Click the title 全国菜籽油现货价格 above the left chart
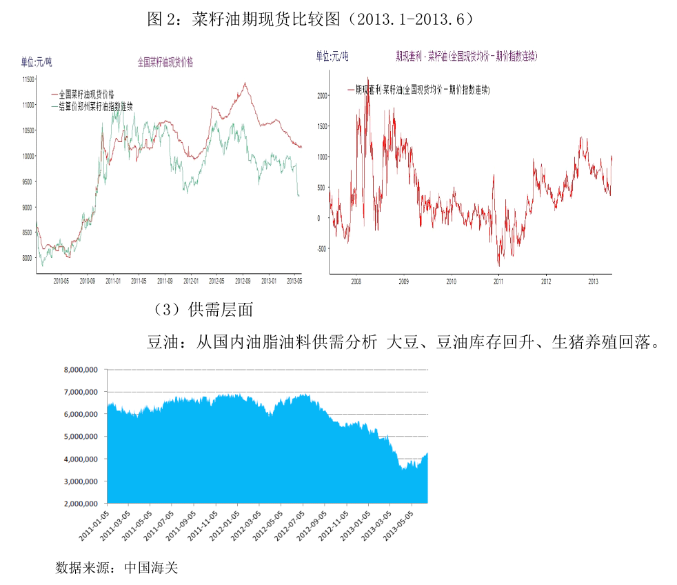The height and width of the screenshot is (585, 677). pyautogui.click(x=165, y=62)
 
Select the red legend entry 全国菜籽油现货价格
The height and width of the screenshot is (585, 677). pyautogui.click(x=86, y=94)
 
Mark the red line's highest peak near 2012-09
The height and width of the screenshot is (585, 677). pyautogui.click(x=245, y=83)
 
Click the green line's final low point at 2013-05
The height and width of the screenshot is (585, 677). pyautogui.click(x=298, y=196)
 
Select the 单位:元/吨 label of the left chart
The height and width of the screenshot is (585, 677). pyautogui.click(x=36, y=62)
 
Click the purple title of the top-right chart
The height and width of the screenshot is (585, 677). pyautogui.click(x=466, y=56)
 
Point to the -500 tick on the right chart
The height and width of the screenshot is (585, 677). pyautogui.click(x=321, y=250)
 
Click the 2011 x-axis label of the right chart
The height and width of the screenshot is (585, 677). pyautogui.click(x=499, y=281)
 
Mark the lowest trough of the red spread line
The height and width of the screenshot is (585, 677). pyautogui.click(x=498, y=266)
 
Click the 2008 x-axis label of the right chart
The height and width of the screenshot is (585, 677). pyautogui.click(x=356, y=281)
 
